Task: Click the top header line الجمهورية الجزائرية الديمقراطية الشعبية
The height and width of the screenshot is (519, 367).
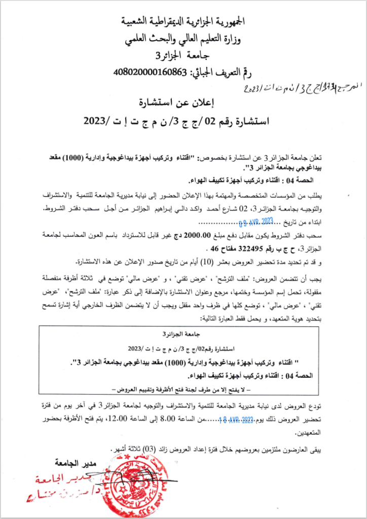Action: point(183,21)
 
